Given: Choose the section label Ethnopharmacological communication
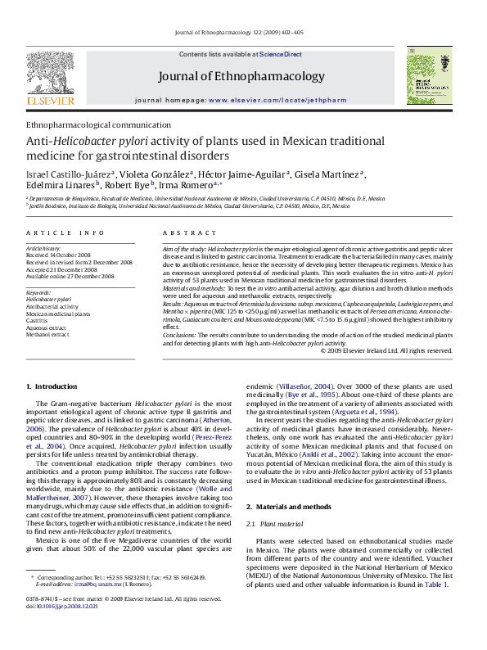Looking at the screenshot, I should [92, 124].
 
